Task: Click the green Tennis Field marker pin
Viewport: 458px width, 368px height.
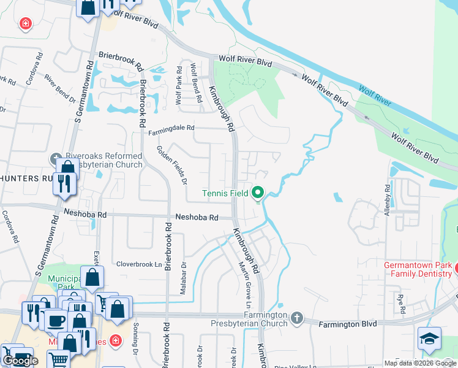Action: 258,193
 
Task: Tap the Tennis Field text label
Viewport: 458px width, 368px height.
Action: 225,193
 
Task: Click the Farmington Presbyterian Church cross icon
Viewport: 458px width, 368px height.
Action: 297,317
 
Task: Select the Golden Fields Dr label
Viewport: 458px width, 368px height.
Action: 172,165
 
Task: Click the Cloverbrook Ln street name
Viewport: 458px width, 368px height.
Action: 139,264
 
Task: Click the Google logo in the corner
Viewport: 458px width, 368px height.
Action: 20,360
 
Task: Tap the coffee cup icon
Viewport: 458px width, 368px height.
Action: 56,320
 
